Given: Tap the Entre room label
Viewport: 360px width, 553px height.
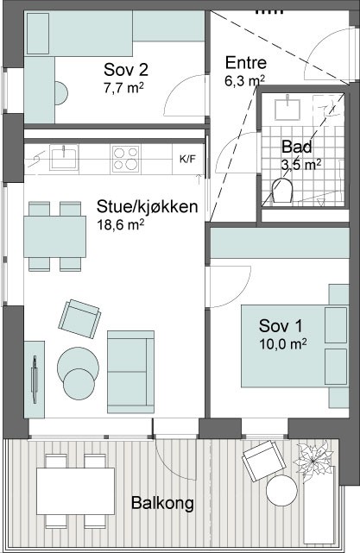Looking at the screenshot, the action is (246, 63).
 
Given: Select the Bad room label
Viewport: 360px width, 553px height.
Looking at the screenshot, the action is (297, 147).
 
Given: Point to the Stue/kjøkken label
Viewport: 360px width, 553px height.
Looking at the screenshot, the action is (147, 207).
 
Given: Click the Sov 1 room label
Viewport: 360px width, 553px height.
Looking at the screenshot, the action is (281, 325).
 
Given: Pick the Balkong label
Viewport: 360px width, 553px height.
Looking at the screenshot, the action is (162, 503).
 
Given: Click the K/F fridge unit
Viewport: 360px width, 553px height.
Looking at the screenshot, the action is (187, 159).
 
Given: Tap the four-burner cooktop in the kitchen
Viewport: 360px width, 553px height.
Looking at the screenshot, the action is (125, 159).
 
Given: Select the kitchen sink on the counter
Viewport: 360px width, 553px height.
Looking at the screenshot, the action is (64, 158).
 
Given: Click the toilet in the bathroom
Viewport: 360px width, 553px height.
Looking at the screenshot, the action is (282, 190).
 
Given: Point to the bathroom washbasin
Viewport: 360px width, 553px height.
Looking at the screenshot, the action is (287, 108).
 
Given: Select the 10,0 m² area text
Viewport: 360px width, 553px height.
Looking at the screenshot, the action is (282, 343).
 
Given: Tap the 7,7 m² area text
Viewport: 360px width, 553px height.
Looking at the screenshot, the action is (123, 87).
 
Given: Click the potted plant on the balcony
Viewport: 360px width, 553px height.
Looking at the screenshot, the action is (313, 461).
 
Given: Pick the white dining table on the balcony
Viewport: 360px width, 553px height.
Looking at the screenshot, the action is (75, 491).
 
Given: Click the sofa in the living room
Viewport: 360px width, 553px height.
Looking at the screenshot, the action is (130, 372).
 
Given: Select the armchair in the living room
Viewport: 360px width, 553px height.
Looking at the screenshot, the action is (79, 319).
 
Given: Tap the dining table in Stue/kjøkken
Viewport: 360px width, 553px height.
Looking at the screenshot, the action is (54, 236).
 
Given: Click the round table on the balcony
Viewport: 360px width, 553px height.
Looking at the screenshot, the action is (281, 490).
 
